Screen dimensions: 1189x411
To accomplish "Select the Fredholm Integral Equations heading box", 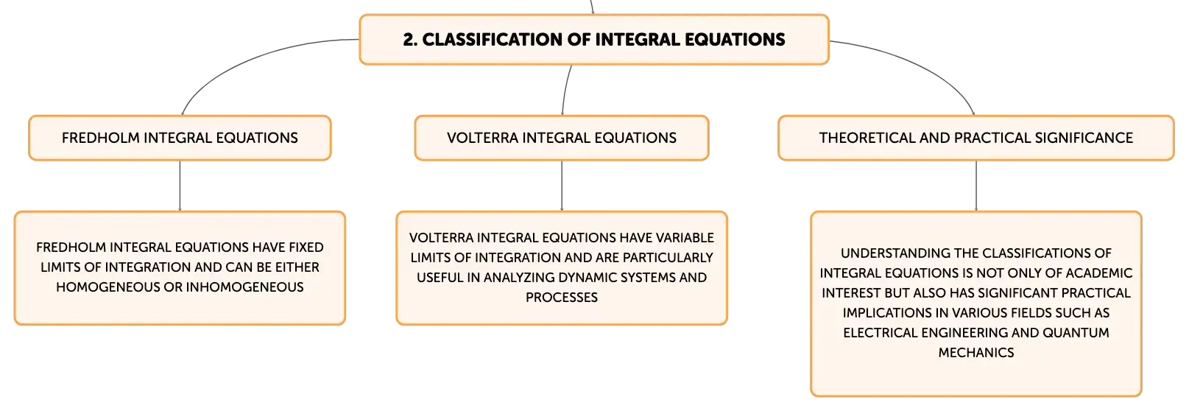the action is coord(180,138).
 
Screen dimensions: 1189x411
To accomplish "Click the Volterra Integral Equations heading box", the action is coord(562,138).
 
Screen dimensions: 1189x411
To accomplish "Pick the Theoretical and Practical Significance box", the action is coord(976,138).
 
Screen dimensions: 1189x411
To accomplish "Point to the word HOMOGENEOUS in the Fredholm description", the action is coord(108,287).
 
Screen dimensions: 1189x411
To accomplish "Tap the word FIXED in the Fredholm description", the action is coord(306,247).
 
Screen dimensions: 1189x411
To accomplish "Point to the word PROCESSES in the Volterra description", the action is coord(562,298).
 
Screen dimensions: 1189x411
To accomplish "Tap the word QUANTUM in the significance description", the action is coord(1076,333).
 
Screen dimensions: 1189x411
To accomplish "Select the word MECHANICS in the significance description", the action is coord(976,353).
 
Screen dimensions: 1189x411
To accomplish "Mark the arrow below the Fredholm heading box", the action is coord(180,186).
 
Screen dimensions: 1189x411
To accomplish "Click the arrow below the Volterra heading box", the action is coord(562,186).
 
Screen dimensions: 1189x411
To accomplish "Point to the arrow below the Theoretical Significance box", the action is coord(976,186).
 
